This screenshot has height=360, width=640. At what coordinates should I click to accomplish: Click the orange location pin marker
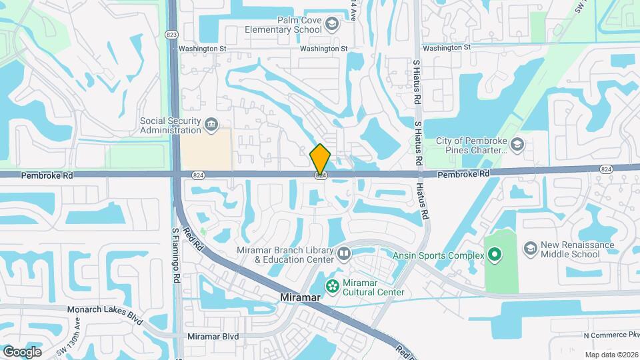(x=320, y=159)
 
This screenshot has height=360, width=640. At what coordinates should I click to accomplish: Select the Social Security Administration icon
(x=211, y=124)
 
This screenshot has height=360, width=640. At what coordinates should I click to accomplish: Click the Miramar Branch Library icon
(x=344, y=253)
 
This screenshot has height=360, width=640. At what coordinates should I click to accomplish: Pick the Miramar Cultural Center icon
(x=331, y=286)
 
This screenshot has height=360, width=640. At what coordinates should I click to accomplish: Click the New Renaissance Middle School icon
(x=531, y=249)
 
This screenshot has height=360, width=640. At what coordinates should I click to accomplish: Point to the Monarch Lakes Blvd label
(x=105, y=310)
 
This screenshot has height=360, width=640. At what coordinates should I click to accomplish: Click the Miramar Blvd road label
(x=213, y=337)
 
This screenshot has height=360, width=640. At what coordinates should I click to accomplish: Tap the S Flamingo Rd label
(x=177, y=254)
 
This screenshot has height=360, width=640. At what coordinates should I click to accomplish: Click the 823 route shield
(x=173, y=33)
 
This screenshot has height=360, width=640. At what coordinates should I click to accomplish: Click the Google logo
(x=22, y=351)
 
